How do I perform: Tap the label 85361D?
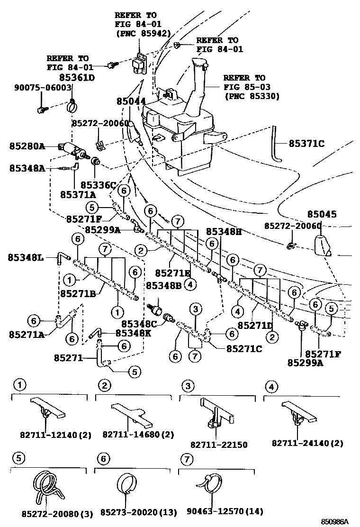[x=77, y=77]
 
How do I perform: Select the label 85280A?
[x=27, y=146]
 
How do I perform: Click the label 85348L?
[x=26, y=257]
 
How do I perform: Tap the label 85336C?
[x=98, y=185]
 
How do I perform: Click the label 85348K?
[x=134, y=333]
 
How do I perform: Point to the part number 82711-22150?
[x=219, y=445]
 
